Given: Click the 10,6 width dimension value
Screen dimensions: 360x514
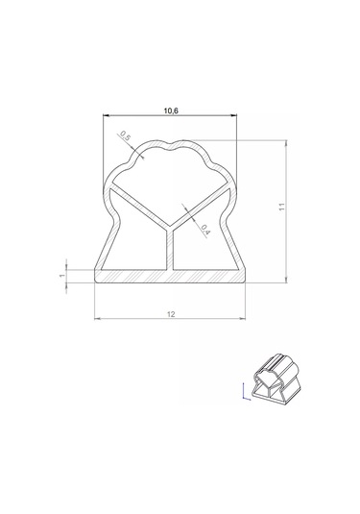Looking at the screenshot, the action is tap(171, 110).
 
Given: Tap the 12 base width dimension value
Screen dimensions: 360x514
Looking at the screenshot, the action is tap(171, 314).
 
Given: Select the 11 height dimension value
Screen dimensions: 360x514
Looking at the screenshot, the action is tap(282, 207).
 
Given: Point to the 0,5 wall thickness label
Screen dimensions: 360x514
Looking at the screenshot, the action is tap(125, 135).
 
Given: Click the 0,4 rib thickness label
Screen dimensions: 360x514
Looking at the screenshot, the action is tap(205, 230).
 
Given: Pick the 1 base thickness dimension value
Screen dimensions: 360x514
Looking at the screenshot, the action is tap(62, 276).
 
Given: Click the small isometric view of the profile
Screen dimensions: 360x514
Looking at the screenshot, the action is tap(276, 377).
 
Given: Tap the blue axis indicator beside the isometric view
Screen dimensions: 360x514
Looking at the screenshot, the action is tap(246, 391).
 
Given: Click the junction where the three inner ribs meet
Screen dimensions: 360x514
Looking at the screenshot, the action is tap(169, 227).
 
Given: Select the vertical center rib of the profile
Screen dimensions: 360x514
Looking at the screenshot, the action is tap(169, 249).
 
